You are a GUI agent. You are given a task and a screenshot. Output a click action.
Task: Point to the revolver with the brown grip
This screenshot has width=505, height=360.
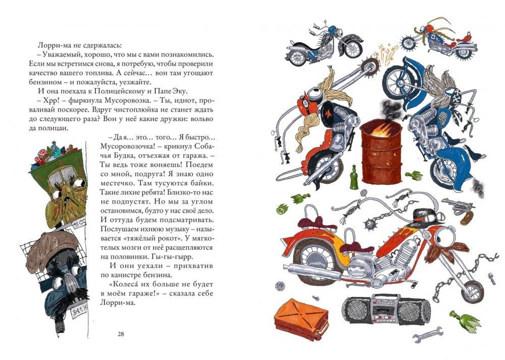click(460, 208)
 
